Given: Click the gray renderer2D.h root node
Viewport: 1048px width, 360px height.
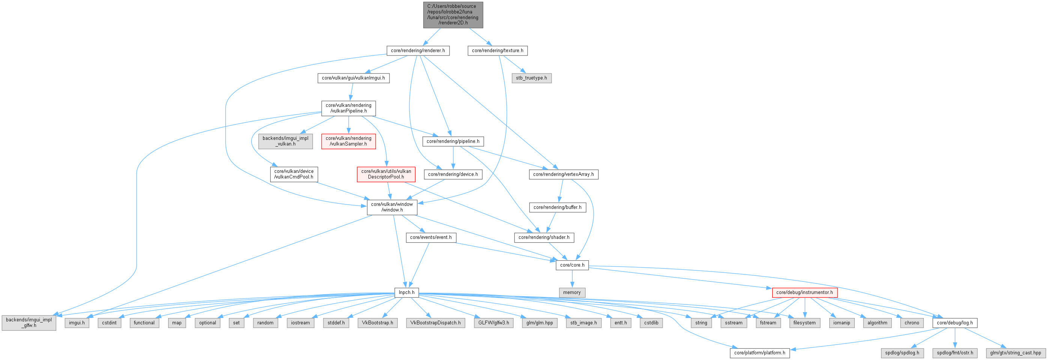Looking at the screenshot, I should point(453,15).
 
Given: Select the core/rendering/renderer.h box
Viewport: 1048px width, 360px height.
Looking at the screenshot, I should point(418,51).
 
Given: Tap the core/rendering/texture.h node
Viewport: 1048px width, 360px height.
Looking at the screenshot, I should point(497,51).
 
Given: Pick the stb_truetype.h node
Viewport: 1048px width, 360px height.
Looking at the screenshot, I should point(531,78).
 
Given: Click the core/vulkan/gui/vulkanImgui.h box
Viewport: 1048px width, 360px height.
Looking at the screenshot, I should point(353,78).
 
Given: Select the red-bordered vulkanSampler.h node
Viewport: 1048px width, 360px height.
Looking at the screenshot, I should point(348,141).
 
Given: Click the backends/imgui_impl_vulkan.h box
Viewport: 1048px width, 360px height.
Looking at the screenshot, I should point(285,141).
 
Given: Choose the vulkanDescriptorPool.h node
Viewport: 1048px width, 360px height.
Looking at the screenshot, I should point(386,174).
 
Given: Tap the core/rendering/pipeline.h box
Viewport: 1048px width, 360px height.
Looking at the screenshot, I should point(453,141).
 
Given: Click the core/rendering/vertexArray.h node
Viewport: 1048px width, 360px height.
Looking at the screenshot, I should point(563,174).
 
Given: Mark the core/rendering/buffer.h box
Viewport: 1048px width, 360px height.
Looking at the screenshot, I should point(557,207).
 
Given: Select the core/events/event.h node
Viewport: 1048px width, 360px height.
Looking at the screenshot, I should point(430,237).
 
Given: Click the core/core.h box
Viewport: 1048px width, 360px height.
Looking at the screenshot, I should point(572,265).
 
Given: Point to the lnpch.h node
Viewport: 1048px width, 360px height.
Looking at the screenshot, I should point(406,292).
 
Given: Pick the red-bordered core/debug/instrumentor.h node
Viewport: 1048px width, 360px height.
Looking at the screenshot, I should point(804,292).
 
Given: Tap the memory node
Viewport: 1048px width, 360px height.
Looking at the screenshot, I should point(571,292).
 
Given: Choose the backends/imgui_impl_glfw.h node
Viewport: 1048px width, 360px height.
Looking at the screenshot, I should point(29,322).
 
